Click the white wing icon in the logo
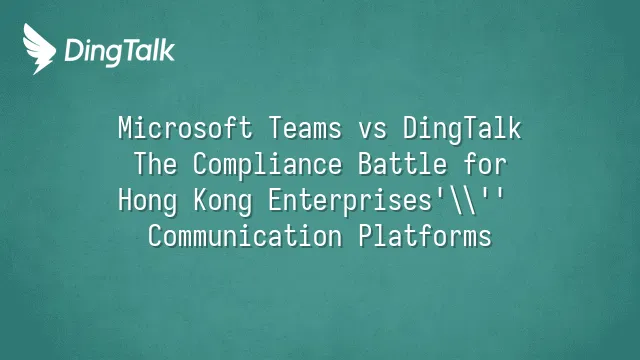39,49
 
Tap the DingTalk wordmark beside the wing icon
120,52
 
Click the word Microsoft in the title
185,128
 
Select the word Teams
305,128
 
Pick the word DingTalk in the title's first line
462,129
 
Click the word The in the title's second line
156,164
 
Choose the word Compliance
267,165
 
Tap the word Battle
403,164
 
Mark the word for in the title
485,164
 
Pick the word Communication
245,236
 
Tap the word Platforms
425,236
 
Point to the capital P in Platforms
366,236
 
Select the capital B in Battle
365,164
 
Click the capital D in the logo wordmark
74,50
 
